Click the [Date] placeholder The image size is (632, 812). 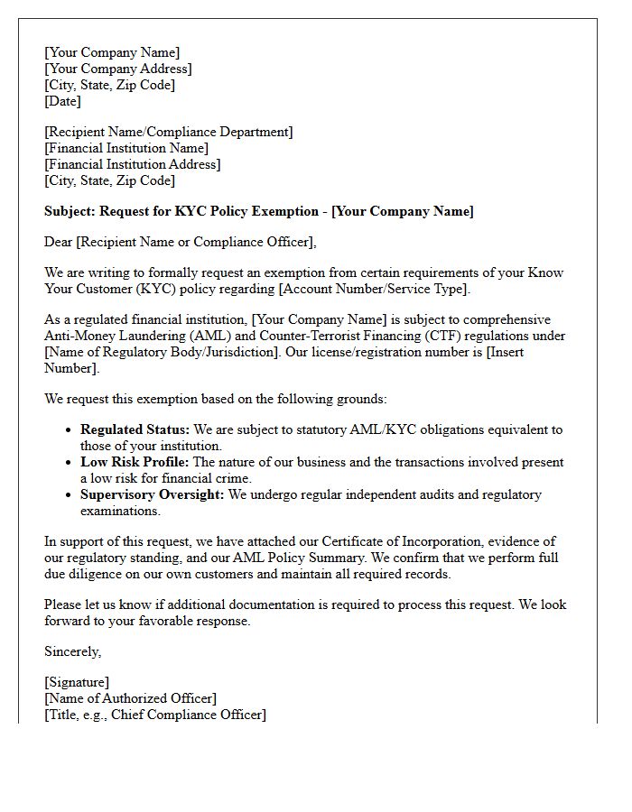point(62,102)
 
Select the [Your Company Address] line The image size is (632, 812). point(117,69)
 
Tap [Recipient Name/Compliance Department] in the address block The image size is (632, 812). point(168,133)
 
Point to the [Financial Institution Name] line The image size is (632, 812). point(126,149)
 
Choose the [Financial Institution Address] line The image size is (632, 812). point(132,165)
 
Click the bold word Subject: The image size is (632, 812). point(70,212)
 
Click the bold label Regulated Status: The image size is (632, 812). point(135,430)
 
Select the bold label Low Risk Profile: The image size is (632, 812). point(135,463)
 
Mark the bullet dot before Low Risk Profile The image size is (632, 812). point(69,463)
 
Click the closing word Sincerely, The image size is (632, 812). point(73,651)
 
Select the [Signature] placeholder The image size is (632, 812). point(77,683)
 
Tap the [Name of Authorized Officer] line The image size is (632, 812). point(130,699)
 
